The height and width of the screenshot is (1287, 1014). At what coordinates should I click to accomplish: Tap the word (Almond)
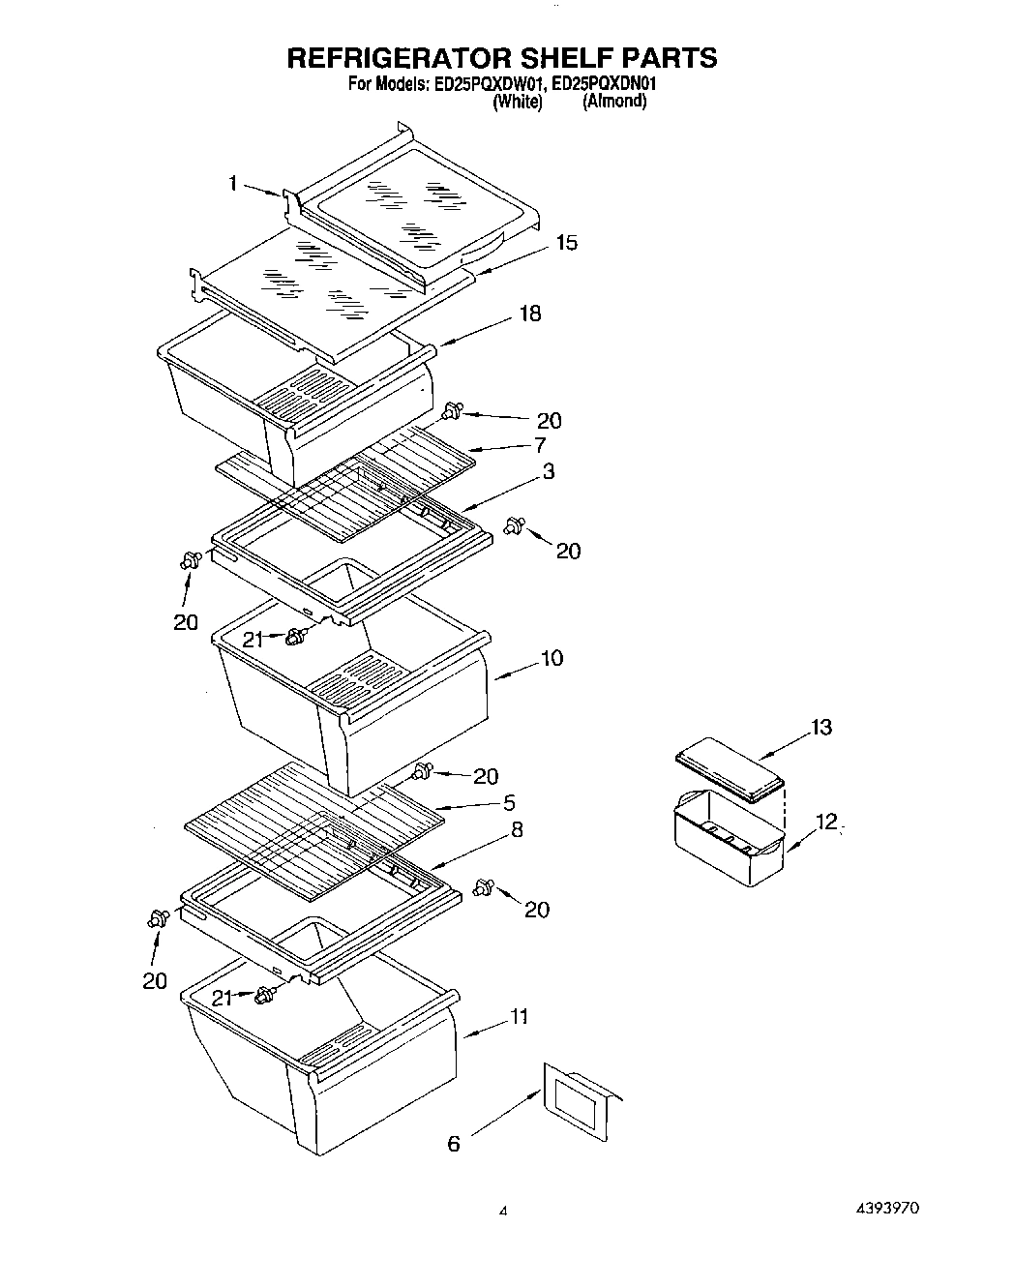pos(613,101)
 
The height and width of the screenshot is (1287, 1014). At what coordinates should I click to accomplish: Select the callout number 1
pos(233,183)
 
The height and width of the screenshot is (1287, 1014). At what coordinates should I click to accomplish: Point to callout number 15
pos(566,242)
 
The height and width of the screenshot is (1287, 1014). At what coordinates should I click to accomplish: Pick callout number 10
pos(552,658)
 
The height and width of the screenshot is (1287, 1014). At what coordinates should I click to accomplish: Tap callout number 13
pos(820,727)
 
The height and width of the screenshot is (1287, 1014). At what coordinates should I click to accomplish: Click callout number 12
pos(825,822)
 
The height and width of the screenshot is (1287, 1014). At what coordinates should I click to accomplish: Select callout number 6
pos(453,1144)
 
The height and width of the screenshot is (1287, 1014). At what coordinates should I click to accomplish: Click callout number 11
pos(521,1016)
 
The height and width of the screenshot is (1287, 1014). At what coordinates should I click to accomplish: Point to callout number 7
pos(539,445)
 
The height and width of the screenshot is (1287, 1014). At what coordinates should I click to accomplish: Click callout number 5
pos(509,802)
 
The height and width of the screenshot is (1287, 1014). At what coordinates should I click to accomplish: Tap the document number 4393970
pos(886,1209)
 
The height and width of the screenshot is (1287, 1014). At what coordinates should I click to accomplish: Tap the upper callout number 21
pos(253,639)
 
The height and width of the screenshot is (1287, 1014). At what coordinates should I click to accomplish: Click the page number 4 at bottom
pos(503,1211)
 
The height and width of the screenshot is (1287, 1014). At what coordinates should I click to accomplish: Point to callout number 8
pos(518,829)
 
